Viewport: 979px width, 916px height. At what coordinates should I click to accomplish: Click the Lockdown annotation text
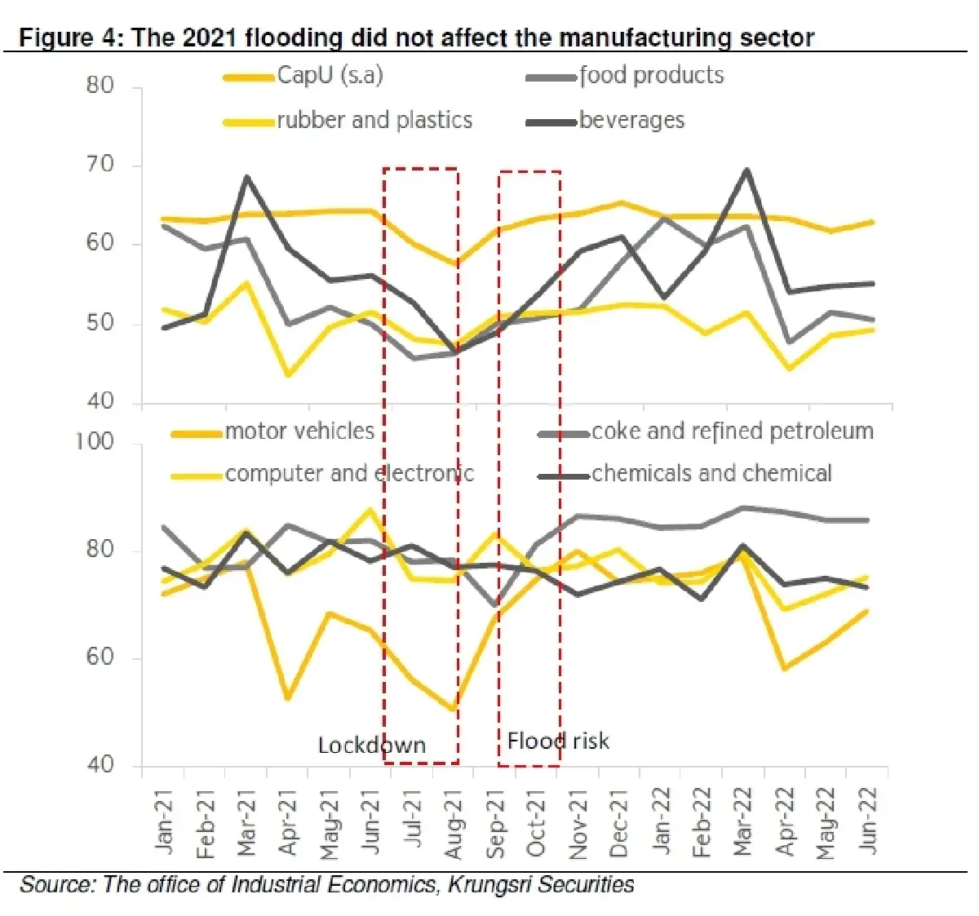pos(372,746)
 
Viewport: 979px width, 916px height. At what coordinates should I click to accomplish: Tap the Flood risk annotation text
pos(558,741)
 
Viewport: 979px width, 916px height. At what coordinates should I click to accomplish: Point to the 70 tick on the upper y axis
pos(100,164)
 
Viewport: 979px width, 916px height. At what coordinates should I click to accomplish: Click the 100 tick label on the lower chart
pos(94,441)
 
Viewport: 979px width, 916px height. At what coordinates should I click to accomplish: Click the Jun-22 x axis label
pos(867,821)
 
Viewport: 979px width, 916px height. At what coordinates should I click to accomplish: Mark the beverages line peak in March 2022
pos(746,170)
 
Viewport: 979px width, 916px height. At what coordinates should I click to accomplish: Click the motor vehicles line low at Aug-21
pos(453,709)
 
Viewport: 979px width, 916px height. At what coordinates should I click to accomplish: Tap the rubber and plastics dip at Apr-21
pos(288,374)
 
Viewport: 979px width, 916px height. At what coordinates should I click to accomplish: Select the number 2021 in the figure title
pos(210,38)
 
